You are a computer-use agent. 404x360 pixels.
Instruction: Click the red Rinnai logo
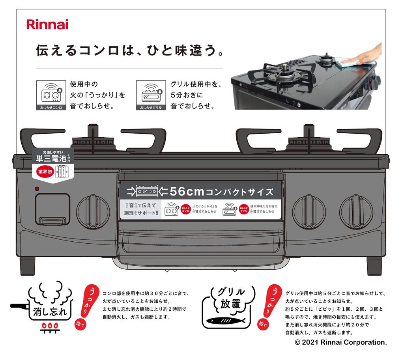click(47, 24)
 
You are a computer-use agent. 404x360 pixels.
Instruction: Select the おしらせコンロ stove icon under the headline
click(51, 95)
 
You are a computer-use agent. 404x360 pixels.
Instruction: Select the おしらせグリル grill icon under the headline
click(150, 95)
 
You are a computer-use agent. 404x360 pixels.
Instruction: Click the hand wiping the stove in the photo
click(365, 55)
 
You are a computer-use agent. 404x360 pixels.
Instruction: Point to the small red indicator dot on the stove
click(37, 189)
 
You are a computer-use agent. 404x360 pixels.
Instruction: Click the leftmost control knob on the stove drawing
click(93, 211)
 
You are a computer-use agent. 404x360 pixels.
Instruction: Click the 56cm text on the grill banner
click(187, 192)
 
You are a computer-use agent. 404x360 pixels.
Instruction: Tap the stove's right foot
click(374, 266)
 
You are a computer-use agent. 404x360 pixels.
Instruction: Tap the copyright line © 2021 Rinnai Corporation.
click(340, 342)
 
